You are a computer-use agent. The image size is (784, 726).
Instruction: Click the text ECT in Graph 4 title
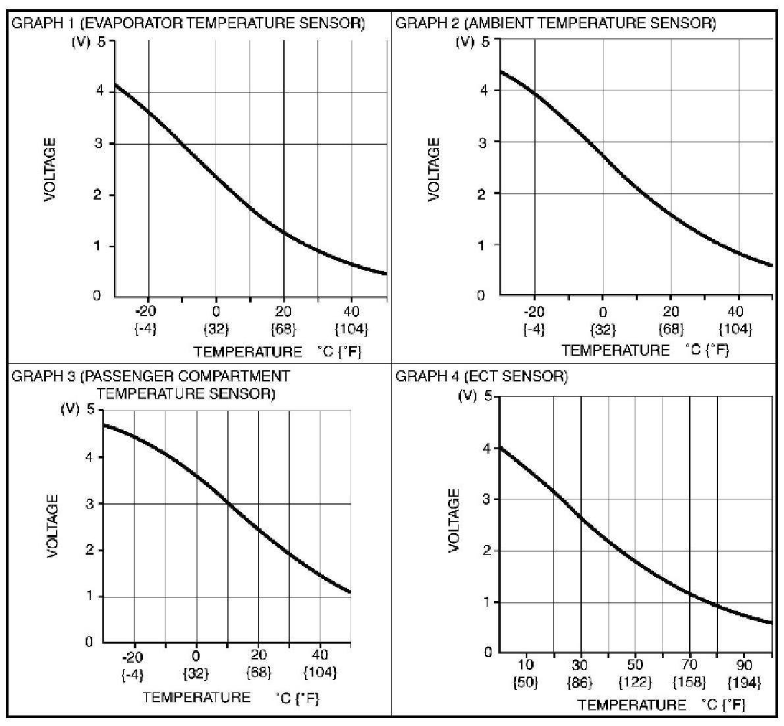(x=480, y=376)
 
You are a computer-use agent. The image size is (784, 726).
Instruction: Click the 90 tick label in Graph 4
(x=744, y=665)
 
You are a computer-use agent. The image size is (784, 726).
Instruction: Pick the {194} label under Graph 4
(x=744, y=683)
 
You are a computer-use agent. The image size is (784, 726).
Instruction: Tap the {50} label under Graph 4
(x=526, y=683)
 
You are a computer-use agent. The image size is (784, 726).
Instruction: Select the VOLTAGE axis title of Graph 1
(x=50, y=170)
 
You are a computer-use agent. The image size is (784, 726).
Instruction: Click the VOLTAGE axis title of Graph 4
(x=453, y=520)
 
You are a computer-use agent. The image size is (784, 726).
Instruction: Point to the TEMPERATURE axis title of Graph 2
(x=615, y=350)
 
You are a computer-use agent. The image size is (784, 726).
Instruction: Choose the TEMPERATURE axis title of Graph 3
(x=196, y=697)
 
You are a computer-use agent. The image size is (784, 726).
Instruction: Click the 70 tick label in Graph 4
(x=690, y=665)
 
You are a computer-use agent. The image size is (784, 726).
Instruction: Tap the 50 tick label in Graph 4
(x=634, y=665)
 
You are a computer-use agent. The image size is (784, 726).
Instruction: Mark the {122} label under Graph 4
(x=634, y=683)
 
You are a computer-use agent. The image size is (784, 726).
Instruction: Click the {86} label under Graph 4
(x=580, y=683)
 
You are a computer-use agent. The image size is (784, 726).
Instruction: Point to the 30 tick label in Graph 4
(x=580, y=665)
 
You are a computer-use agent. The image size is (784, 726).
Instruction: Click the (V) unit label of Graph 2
(x=466, y=42)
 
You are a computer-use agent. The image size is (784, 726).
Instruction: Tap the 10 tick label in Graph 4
(x=526, y=665)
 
